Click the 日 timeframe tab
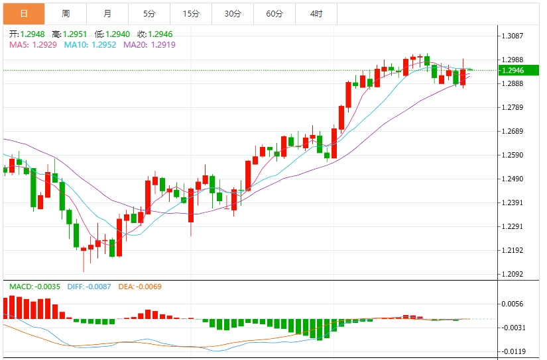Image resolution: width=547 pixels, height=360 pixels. (24, 13)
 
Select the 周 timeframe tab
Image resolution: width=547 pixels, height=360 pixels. (66, 13)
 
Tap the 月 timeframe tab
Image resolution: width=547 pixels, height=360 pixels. (107, 13)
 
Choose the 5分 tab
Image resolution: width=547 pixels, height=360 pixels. (149, 13)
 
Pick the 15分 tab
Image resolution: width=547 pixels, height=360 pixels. (191, 13)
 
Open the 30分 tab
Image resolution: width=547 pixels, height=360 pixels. (233, 13)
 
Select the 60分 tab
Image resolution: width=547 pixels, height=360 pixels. (274, 13)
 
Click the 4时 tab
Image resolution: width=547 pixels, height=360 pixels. (316, 13)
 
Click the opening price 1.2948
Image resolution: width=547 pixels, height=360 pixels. (32, 34)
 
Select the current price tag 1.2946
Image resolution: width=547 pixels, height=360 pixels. (513, 70)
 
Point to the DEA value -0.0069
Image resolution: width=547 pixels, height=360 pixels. (147, 287)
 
